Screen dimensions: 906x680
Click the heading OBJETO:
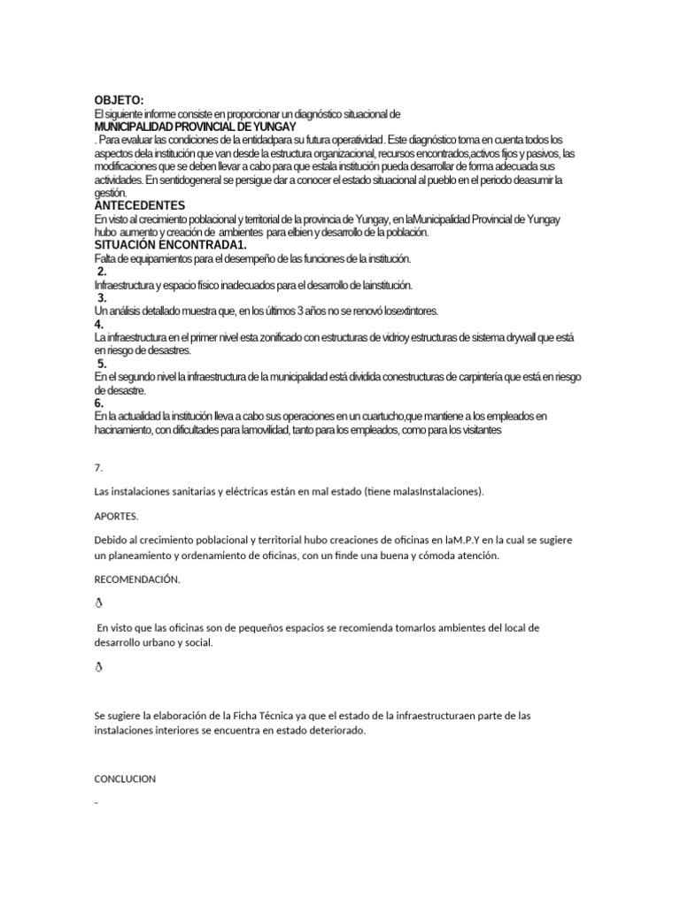119,100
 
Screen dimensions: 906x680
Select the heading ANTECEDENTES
139,205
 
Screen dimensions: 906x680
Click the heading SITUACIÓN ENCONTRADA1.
170,244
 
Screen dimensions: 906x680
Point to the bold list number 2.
102,272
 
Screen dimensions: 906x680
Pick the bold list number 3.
102,298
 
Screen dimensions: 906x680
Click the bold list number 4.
98,325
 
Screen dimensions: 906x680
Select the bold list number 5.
102,364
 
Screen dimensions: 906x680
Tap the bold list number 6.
98,403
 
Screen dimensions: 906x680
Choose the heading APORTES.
116,514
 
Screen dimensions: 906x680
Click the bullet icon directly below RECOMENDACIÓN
98,603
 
